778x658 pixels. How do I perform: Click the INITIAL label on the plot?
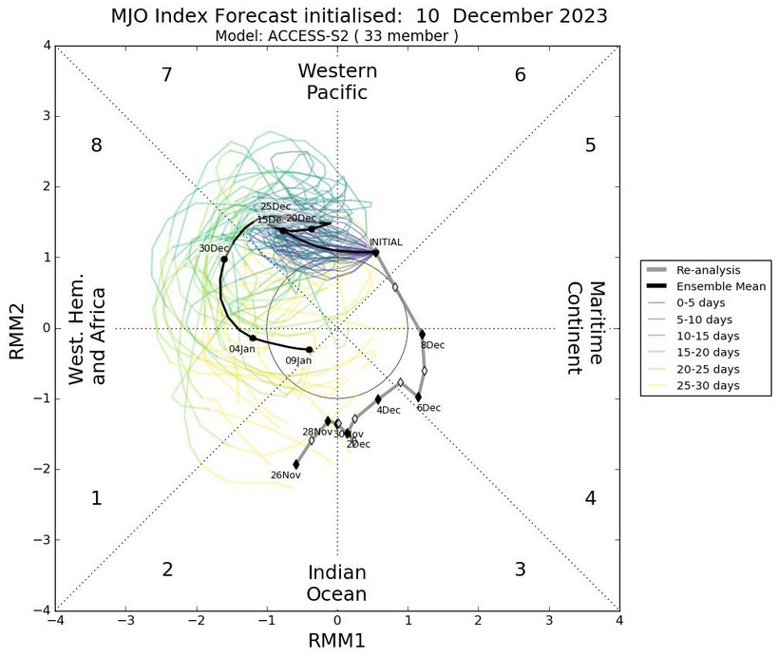point(387,242)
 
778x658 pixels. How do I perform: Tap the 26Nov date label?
point(286,474)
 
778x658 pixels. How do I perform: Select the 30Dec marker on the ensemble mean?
point(224,260)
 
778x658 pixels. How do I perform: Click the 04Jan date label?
point(242,349)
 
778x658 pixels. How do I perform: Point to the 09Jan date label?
point(298,361)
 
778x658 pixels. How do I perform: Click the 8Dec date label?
point(431,345)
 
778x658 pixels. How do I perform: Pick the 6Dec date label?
point(428,408)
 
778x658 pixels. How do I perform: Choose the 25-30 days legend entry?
point(708,385)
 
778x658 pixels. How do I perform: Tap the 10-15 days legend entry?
point(708,336)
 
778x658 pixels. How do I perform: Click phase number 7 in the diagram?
point(166,75)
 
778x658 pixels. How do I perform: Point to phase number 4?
point(590,498)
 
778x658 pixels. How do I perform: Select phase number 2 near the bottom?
point(167,570)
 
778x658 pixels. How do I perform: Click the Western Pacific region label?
point(337,81)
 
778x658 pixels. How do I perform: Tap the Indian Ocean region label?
point(337,583)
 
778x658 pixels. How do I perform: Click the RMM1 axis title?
point(337,641)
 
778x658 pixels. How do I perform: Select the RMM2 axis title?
point(17,328)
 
